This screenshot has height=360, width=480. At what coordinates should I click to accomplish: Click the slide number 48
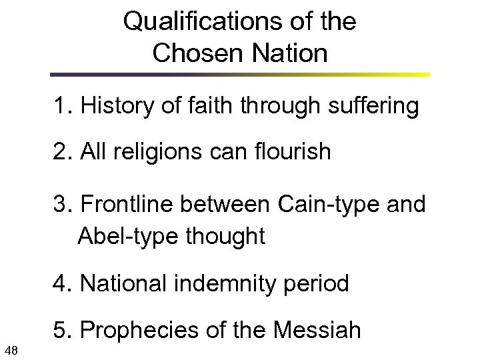point(11,348)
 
